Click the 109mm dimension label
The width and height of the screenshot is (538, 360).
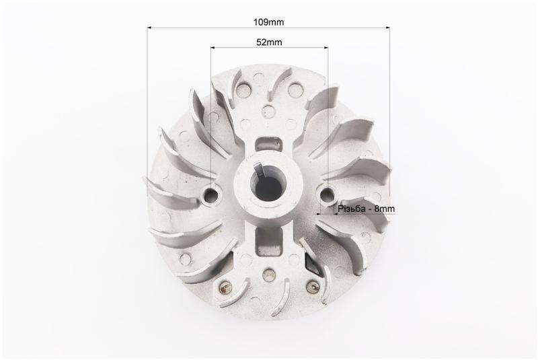(268, 22)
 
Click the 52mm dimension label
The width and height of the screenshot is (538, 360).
(270, 42)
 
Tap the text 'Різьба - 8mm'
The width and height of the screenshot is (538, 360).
(366, 209)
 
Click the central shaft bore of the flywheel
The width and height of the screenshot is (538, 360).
(268, 186)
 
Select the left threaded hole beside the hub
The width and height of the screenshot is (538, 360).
(210, 195)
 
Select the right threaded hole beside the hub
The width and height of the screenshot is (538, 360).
(328, 195)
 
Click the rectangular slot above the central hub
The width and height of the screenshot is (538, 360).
(270, 143)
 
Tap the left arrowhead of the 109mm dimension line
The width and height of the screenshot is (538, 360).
(149, 28)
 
